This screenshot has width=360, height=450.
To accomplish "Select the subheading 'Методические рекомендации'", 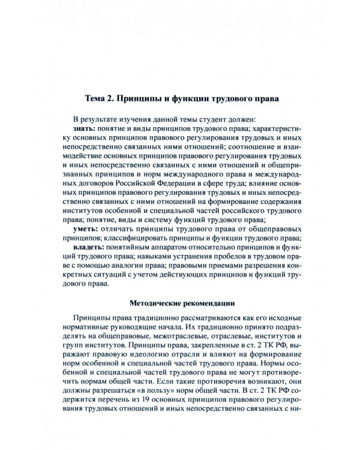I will click(179, 302).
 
